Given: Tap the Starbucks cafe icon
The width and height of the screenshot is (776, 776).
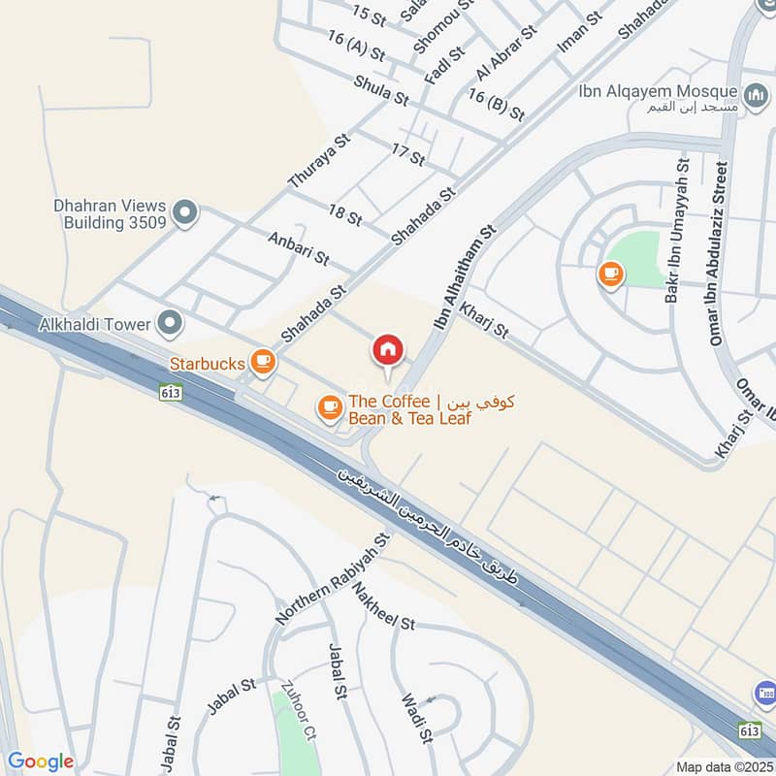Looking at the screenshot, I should [x=261, y=362].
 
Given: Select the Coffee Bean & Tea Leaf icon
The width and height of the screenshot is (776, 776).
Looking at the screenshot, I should [x=330, y=408].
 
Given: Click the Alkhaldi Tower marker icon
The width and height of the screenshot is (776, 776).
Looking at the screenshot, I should [x=171, y=323].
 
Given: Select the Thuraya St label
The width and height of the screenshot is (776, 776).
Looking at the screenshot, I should [x=317, y=160].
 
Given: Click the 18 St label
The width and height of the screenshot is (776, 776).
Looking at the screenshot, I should [x=344, y=215].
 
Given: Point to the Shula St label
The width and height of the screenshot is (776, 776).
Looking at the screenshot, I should [x=381, y=90].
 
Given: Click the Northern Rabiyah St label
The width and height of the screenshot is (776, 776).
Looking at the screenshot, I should [x=332, y=578].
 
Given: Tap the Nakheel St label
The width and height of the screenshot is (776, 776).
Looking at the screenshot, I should [x=384, y=605].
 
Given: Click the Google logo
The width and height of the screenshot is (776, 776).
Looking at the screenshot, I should [x=41, y=761].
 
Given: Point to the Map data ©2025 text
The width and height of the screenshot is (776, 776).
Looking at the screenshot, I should [x=724, y=767].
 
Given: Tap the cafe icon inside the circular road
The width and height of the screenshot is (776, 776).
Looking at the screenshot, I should [x=610, y=274].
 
